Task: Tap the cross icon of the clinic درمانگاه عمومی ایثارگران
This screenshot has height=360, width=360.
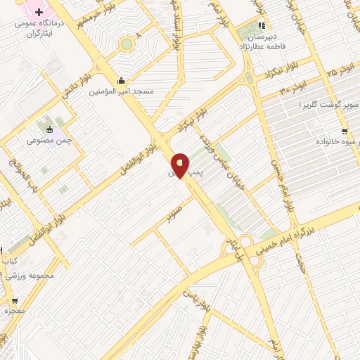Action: [39, 13]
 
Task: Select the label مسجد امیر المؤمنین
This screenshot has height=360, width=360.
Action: [123, 91]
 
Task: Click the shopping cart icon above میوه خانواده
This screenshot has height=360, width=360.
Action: [344, 131]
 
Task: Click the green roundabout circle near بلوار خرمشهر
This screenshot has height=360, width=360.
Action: [127, 44]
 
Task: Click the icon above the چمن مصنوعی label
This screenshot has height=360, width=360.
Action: [49, 129]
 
